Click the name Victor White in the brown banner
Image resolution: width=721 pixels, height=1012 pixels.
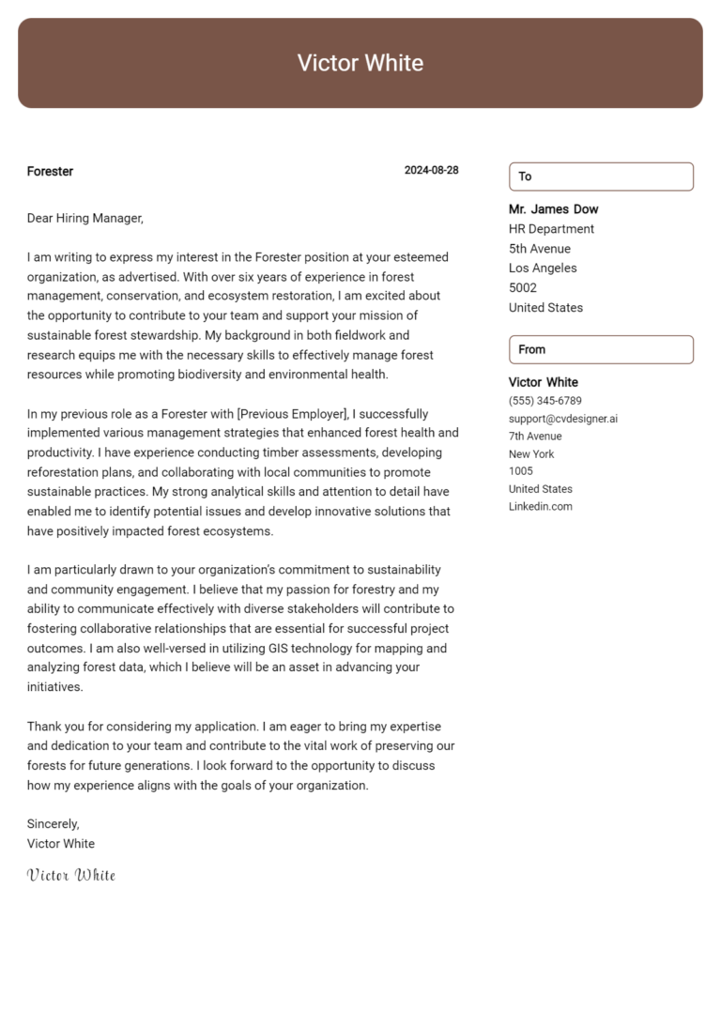tap(360, 63)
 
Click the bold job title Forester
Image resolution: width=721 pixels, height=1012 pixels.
tap(50, 172)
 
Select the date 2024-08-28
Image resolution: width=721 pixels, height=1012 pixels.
tap(431, 171)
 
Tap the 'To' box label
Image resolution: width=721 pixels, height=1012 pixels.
tap(526, 176)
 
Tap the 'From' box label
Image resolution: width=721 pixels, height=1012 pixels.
tap(531, 349)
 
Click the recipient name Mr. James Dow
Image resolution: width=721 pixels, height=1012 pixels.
tap(553, 209)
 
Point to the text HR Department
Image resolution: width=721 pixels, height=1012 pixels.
tap(551, 229)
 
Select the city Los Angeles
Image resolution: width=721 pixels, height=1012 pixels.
tap(543, 268)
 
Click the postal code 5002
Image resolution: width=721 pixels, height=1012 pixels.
tap(523, 288)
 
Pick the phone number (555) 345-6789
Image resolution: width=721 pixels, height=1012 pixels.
tap(545, 401)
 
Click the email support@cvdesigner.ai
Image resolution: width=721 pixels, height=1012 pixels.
tap(563, 419)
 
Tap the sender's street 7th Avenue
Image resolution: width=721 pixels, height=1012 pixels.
tap(535, 437)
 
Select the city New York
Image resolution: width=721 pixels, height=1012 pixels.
tap(531, 454)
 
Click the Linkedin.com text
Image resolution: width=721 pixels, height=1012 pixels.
tap(540, 507)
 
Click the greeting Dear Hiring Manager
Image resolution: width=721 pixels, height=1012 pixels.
tap(85, 219)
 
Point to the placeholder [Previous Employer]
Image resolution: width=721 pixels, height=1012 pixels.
tap(293, 414)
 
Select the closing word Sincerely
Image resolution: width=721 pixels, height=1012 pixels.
tap(54, 824)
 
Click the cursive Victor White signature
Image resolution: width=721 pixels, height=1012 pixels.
tap(71, 875)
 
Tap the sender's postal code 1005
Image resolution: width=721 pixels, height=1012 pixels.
tap(520, 471)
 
